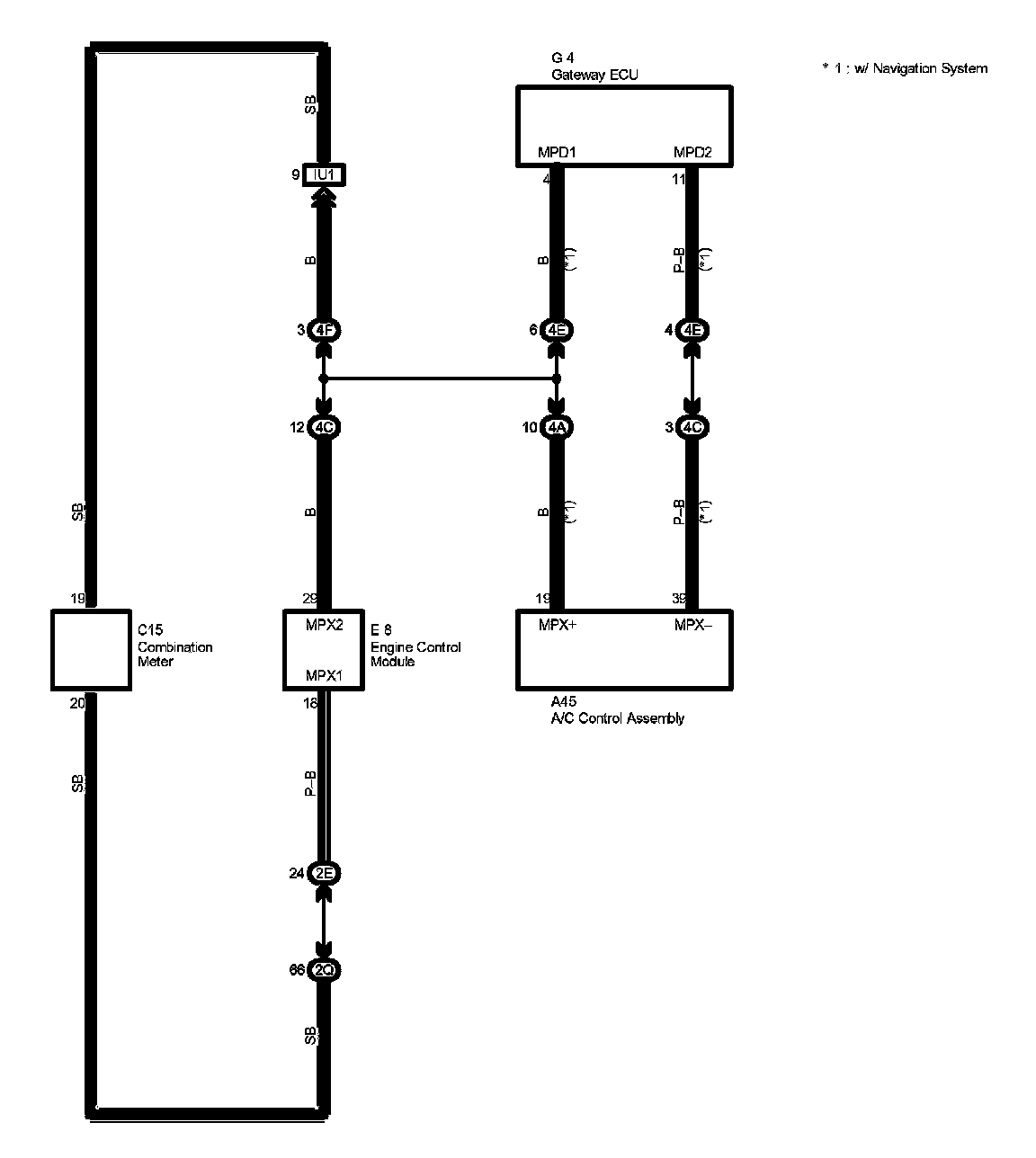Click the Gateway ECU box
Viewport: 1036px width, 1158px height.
click(623, 126)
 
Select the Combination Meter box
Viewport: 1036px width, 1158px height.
click(91, 650)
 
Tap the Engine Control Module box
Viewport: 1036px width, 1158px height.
click(324, 650)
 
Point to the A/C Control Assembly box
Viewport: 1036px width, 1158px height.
click(624, 650)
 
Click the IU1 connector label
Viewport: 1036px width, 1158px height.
click(325, 174)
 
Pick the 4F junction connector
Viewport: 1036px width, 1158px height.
click(325, 331)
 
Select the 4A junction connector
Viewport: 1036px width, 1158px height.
click(557, 427)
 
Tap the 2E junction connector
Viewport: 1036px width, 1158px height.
click(325, 873)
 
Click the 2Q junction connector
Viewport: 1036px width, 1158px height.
click(325, 970)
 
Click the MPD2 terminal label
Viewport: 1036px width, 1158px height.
click(692, 153)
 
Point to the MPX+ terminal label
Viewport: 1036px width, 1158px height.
click(557, 625)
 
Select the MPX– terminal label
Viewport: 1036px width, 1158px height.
click(692, 625)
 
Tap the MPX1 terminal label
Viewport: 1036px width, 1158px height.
click(324, 675)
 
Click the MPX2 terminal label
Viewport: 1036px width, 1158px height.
click(324, 625)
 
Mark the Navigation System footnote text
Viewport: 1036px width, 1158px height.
click(905, 68)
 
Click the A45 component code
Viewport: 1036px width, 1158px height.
click(564, 702)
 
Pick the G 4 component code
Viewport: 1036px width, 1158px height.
click(563, 58)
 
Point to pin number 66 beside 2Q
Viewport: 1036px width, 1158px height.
click(297, 970)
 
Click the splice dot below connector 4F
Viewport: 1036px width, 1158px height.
click(325, 379)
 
